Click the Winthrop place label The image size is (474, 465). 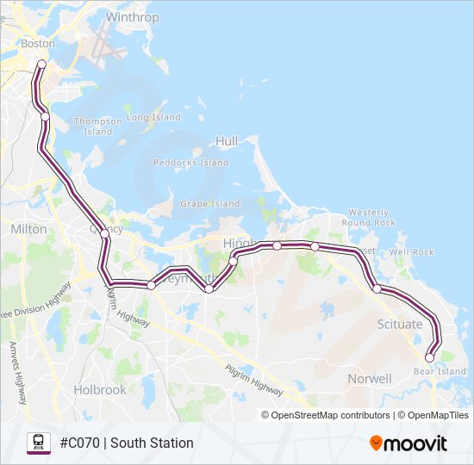click(x=132, y=17)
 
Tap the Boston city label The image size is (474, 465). click(x=38, y=43)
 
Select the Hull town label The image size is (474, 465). click(x=227, y=140)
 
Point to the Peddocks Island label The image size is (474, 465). click(x=190, y=162)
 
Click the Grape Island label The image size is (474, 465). click(x=209, y=204)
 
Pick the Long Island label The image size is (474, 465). click(x=154, y=117)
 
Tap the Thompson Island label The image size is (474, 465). click(x=98, y=127)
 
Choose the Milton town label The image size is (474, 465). click(x=29, y=229)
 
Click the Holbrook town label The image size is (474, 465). click(x=100, y=389)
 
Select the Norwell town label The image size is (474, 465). click(x=369, y=379)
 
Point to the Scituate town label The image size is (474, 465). click(x=400, y=325)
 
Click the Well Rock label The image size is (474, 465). click(x=411, y=252)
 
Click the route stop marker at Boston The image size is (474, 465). click(x=41, y=64)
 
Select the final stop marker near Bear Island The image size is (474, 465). click(x=429, y=357)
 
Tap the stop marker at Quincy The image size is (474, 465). click(x=105, y=233)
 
